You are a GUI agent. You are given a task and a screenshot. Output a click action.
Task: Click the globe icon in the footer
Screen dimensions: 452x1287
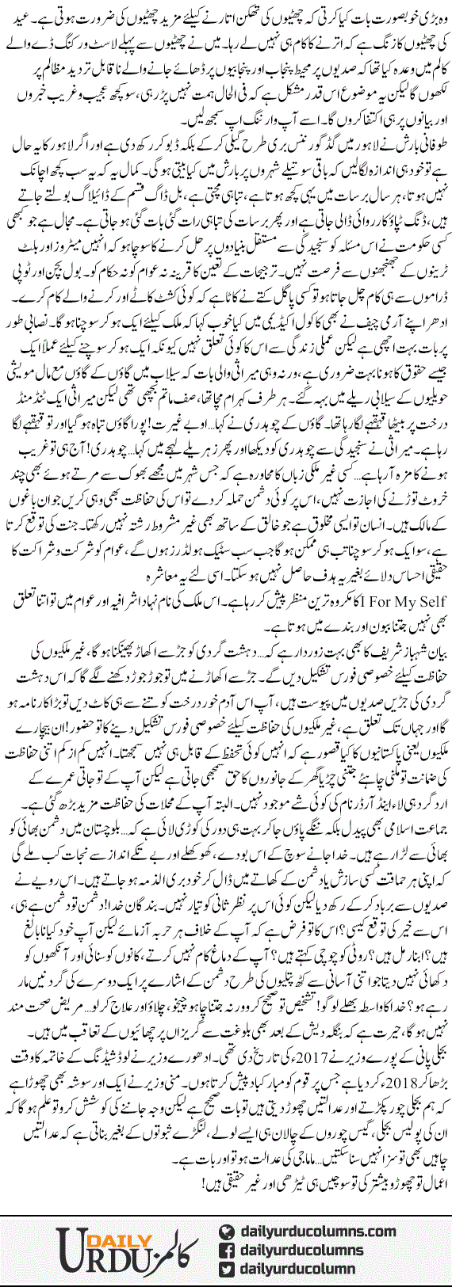point(228,1214)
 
